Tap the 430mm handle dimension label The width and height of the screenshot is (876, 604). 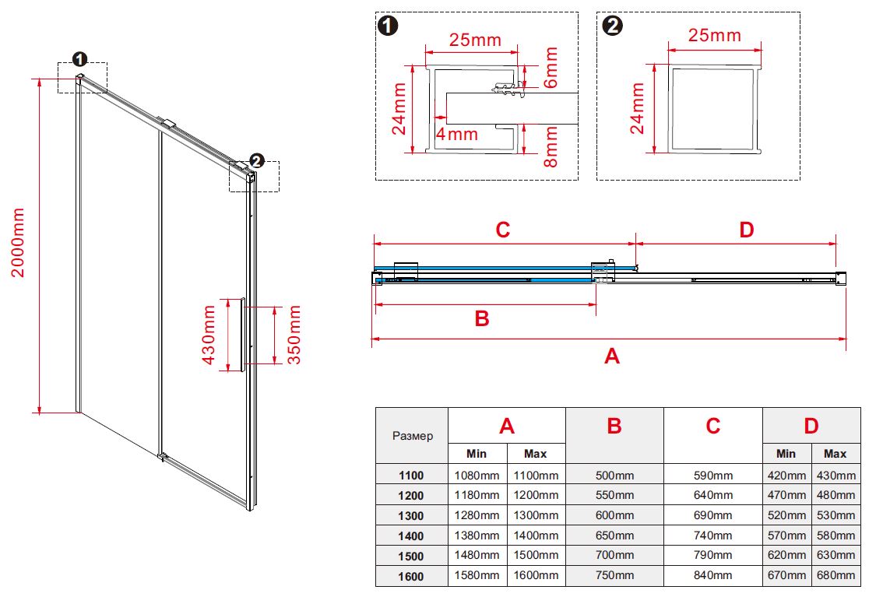pyautogui.click(x=209, y=335)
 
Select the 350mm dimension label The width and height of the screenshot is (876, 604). pyautogui.click(x=294, y=335)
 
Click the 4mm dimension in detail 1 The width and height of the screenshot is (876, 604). pyautogui.click(x=457, y=134)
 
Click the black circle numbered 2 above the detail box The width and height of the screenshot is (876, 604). pyautogui.click(x=613, y=26)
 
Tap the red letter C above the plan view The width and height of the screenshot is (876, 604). pyautogui.click(x=503, y=230)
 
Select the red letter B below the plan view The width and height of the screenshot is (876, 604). pyautogui.click(x=482, y=318)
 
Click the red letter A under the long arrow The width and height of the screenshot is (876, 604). pyautogui.click(x=612, y=356)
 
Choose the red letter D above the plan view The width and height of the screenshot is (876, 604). pyautogui.click(x=747, y=230)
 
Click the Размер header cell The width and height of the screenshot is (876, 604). pyautogui.click(x=412, y=436)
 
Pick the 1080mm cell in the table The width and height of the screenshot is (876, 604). pyautogui.click(x=477, y=476)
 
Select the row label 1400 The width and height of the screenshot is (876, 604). pyautogui.click(x=411, y=536)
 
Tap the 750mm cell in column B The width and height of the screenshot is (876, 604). pyautogui.click(x=614, y=575)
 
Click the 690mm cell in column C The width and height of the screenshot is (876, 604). pyautogui.click(x=712, y=515)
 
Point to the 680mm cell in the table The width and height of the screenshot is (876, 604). pyautogui.click(x=835, y=575)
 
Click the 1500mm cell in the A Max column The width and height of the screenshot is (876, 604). pyautogui.click(x=535, y=556)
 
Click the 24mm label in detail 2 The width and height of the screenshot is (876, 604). pyautogui.click(x=638, y=108)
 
